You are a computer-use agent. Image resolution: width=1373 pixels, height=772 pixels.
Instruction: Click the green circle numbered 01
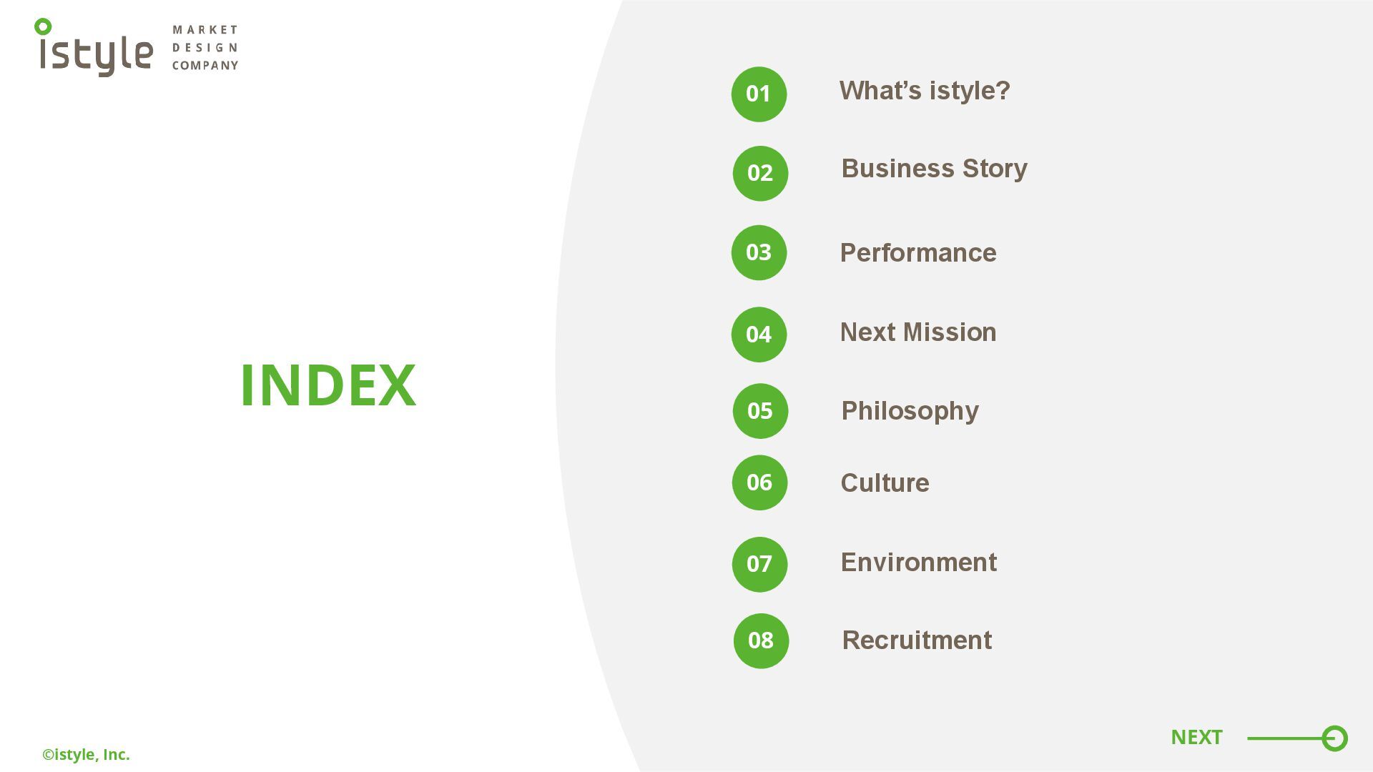tap(759, 94)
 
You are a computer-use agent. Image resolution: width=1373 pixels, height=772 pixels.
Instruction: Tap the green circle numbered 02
tap(760, 174)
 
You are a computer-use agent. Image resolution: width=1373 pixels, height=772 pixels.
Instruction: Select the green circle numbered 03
tap(759, 252)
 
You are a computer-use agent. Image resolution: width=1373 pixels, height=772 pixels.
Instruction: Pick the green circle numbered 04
tap(759, 335)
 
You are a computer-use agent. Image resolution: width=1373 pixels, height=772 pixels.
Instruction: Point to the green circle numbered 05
tap(760, 411)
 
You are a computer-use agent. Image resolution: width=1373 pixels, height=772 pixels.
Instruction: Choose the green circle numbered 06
tap(759, 482)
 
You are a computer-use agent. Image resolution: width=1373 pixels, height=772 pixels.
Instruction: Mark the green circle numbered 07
tap(759, 565)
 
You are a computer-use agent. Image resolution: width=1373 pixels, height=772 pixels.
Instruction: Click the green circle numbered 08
tap(761, 641)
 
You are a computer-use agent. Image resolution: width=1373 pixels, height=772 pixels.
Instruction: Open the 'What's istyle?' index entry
tap(925, 91)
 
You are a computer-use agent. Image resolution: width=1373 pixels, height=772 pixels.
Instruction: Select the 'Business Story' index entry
tap(934, 169)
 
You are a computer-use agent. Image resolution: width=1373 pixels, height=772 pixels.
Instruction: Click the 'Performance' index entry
tap(918, 253)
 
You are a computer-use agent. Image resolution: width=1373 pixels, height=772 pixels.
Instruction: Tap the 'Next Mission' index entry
tap(918, 332)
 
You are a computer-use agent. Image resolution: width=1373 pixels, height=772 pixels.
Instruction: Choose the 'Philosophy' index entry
tap(910, 411)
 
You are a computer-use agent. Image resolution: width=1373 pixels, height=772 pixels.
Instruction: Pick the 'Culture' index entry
tap(885, 483)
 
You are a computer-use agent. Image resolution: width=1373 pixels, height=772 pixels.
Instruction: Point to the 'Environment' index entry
tap(918, 563)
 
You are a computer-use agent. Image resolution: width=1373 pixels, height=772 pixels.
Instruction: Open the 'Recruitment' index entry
tap(917, 640)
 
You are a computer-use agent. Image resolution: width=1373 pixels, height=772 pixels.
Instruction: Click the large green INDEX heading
tap(328, 385)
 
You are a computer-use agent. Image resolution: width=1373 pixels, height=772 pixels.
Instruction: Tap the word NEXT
tap(1196, 737)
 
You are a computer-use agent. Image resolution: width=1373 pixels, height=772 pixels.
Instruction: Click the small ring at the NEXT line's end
tap(1334, 738)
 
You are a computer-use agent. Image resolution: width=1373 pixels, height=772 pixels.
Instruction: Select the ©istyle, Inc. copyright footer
tap(86, 755)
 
